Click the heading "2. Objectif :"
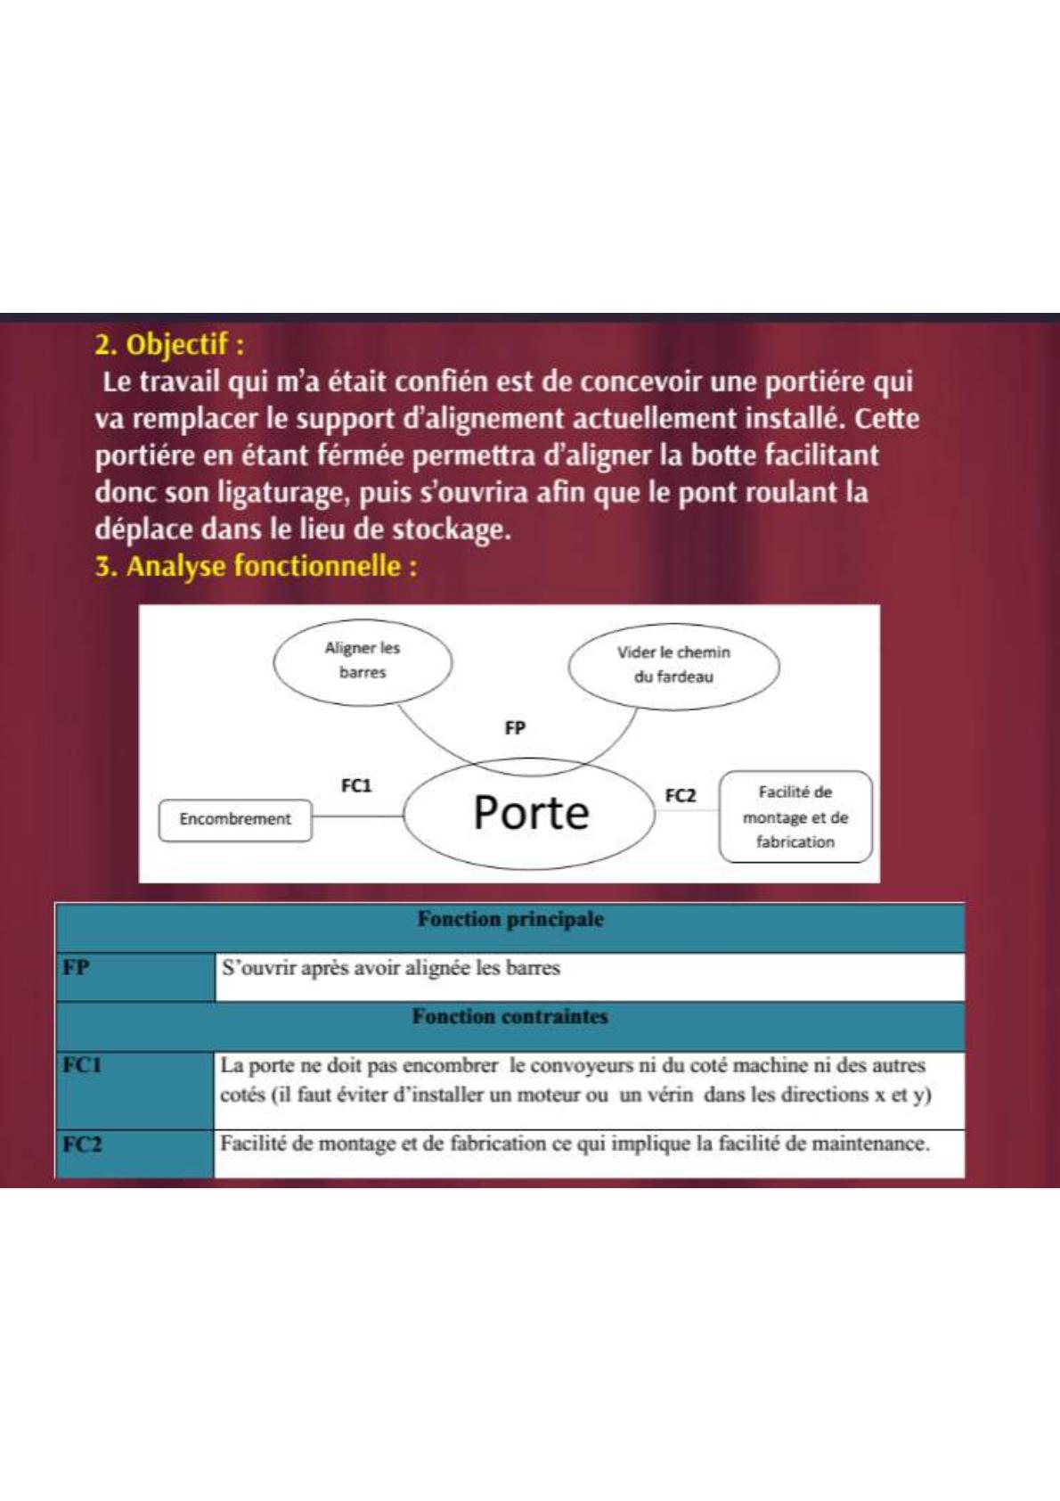click(x=170, y=344)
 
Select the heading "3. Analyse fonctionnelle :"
click(x=257, y=567)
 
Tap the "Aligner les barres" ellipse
click(x=362, y=660)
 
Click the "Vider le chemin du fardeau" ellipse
click(x=673, y=665)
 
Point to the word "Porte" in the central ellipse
click(x=531, y=813)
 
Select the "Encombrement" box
click(x=235, y=819)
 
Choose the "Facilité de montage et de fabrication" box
click(x=795, y=816)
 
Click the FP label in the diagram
click(x=515, y=728)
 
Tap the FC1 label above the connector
click(x=356, y=785)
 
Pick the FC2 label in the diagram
click(x=680, y=795)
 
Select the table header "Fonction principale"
click(x=510, y=920)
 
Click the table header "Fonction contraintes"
click(x=510, y=1017)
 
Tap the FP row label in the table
click(x=77, y=967)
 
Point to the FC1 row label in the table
click(x=82, y=1065)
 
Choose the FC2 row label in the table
click(x=82, y=1144)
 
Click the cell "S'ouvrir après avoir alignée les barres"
click(x=391, y=968)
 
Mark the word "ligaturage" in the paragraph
click(x=284, y=493)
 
